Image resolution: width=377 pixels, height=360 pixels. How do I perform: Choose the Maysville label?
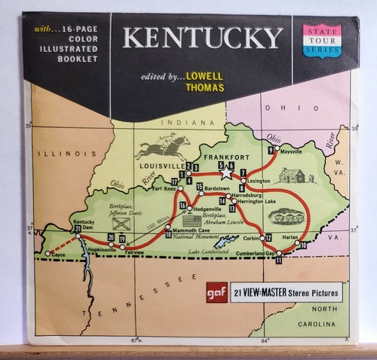(291, 151)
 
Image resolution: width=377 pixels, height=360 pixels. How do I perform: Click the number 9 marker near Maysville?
(271, 151)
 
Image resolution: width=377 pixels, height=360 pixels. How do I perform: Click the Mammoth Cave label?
(192, 228)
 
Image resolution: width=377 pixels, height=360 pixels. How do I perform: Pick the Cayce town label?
(60, 256)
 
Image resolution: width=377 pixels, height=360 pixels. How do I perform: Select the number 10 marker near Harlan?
(303, 245)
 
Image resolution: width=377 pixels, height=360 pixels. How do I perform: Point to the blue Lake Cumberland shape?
(224, 243)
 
